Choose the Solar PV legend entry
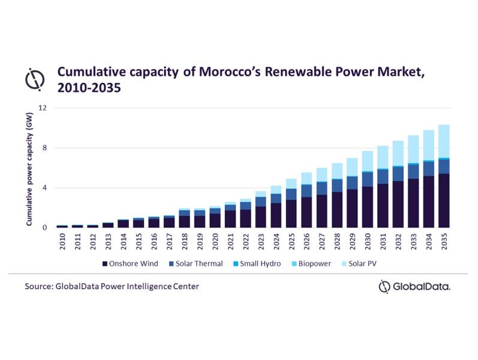point(363,263)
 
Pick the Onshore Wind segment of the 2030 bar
point(368,207)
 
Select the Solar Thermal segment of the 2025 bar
point(291,194)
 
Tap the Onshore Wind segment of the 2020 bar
point(215,220)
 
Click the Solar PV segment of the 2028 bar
point(337,171)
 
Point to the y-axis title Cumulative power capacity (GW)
point(28,171)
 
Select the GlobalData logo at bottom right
point(415,287)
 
